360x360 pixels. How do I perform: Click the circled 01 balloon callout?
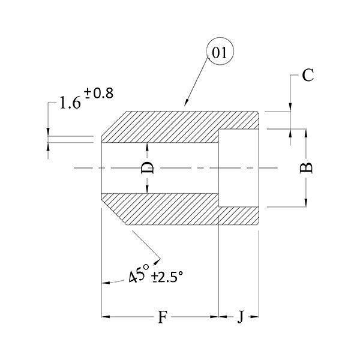[x=220, y=51]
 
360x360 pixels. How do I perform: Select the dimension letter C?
[x=308, y=75]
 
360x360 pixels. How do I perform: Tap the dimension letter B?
[x=306, y=168]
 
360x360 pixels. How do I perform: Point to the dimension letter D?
[x=147, y=168]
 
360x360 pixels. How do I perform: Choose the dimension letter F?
[x=163, y=317]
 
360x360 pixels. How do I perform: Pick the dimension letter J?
[x=240, y=317]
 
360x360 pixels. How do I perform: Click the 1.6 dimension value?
[x=70, y=103]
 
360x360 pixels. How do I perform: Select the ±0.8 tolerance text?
[x=98, y=93]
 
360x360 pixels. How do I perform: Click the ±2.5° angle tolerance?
[x=167, y=277]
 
